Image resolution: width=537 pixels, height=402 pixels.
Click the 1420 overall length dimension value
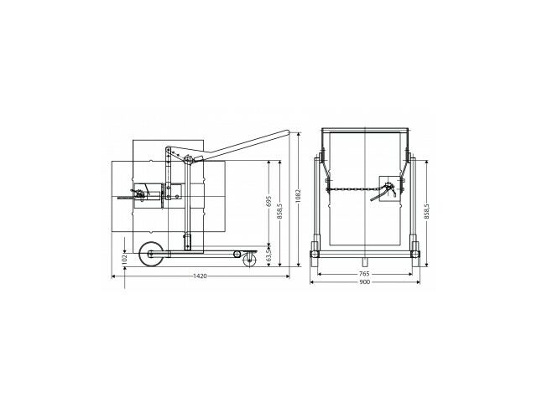(200, 276)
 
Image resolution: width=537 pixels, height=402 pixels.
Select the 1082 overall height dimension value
(299, 195)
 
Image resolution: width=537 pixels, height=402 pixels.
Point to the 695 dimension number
(268, 201)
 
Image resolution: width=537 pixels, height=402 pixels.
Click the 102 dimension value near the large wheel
(125, 259)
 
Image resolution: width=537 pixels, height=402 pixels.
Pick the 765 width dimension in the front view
(364, 274)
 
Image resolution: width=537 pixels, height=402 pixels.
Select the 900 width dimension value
(364, 282)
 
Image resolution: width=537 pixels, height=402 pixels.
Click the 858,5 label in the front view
(426, 211)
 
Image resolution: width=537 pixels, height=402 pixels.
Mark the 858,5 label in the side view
(279, 211)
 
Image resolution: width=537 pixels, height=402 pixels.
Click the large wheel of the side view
(151, 253)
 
